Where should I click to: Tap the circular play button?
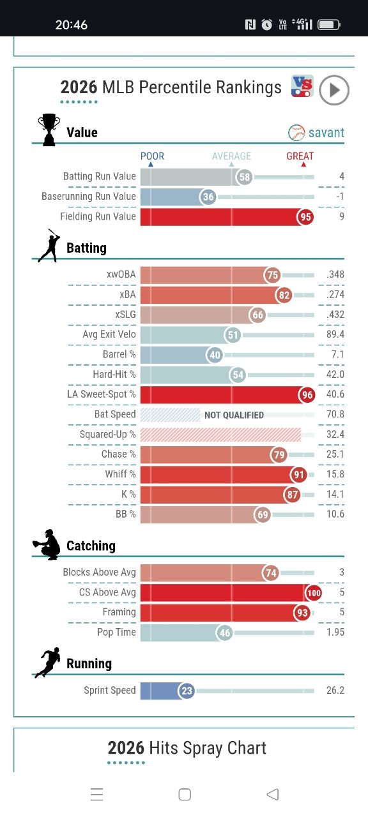click(334, 90)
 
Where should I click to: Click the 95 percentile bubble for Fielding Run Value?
click(305, 217)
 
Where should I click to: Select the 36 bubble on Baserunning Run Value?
click(208, 197)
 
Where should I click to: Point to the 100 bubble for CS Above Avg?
click(314, 593)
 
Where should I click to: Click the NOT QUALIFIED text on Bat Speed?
click(234, 415)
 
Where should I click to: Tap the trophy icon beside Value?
click(49, 130)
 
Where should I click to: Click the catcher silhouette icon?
click(47, 544)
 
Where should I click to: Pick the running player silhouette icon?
click(48, 663)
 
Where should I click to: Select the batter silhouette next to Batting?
click(49, 246)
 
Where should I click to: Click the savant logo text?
click(326, 133)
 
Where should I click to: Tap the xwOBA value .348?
click(335, 274)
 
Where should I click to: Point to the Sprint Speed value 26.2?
click(335, 690)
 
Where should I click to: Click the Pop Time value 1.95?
click(335, 632)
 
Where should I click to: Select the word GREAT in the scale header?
click(300, 156)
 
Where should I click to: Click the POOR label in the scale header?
click(152, 156)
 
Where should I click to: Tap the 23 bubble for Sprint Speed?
click(187, 691)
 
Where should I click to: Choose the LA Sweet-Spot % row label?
click(101, 394)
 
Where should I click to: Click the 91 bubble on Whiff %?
click(298, 474)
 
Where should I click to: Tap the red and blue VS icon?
click(302, 86)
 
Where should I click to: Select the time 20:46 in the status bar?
click(72, 25)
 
